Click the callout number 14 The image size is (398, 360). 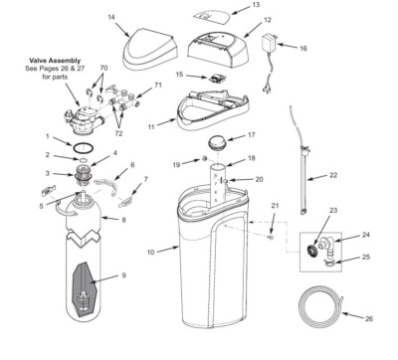coord(111,17)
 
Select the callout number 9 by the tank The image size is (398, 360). coord(123,274)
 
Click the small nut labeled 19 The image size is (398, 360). coord(203,158)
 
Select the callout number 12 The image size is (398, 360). coord(267,20)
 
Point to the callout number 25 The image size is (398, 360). coord(364,256)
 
